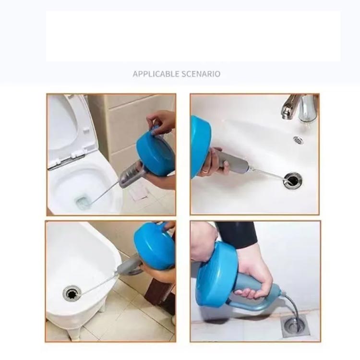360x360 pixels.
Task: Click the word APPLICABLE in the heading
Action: click(x=156, y=74)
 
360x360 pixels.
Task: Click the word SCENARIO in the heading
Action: click(x=201, y=74)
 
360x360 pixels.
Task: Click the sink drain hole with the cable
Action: click(x=292, y=180)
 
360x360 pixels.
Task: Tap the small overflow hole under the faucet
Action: click(x=298, y=140)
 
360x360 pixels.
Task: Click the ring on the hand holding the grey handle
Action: click(x=205, y=171)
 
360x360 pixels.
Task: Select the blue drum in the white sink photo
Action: click(x=200, y=146)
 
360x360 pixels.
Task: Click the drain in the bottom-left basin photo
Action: click(x=72, y=293)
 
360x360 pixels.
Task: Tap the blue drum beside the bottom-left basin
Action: click(x=154, y=246)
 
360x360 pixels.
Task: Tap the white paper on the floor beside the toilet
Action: click(x=138, y=192)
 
